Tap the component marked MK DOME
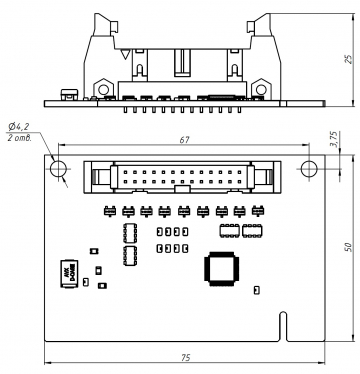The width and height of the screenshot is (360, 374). pos(68,274)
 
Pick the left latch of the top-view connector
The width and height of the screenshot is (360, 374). pos(98,177)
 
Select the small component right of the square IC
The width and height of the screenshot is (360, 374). pos(256,291)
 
